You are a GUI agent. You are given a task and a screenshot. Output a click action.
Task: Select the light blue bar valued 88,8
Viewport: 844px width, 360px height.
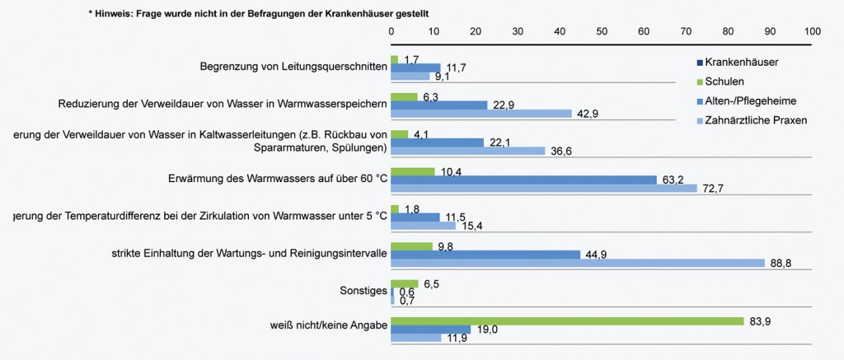(578, 263)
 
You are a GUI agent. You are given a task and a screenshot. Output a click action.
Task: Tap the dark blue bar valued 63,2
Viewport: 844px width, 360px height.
(523, 180)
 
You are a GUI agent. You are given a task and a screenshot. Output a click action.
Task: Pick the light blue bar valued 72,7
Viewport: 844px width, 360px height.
(544, 189)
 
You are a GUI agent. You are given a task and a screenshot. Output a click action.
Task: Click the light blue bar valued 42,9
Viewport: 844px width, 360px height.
(481, 113)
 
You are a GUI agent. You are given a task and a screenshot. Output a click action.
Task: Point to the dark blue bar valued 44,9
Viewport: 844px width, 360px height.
(485, 254)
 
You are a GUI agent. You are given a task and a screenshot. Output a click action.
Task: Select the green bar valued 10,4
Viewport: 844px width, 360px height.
(413, 171)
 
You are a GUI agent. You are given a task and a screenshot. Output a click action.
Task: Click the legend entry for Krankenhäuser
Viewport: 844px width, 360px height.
(742, 62)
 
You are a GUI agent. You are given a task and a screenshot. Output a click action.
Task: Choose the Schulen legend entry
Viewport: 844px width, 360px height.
(724, 82)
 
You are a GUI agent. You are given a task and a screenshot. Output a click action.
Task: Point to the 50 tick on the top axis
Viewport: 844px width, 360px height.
(602, 30)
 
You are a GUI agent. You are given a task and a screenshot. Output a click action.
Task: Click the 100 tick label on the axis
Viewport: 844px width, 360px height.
(812, 30)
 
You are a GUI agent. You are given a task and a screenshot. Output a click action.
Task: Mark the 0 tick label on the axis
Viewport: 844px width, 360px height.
(392, 30)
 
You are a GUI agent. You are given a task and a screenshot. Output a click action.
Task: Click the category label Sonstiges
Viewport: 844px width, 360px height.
(362, 291)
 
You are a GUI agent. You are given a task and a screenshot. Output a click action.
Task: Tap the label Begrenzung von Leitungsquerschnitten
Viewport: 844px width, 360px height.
(293, 66)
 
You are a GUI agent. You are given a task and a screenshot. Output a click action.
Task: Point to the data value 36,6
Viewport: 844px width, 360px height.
(560, 150)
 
